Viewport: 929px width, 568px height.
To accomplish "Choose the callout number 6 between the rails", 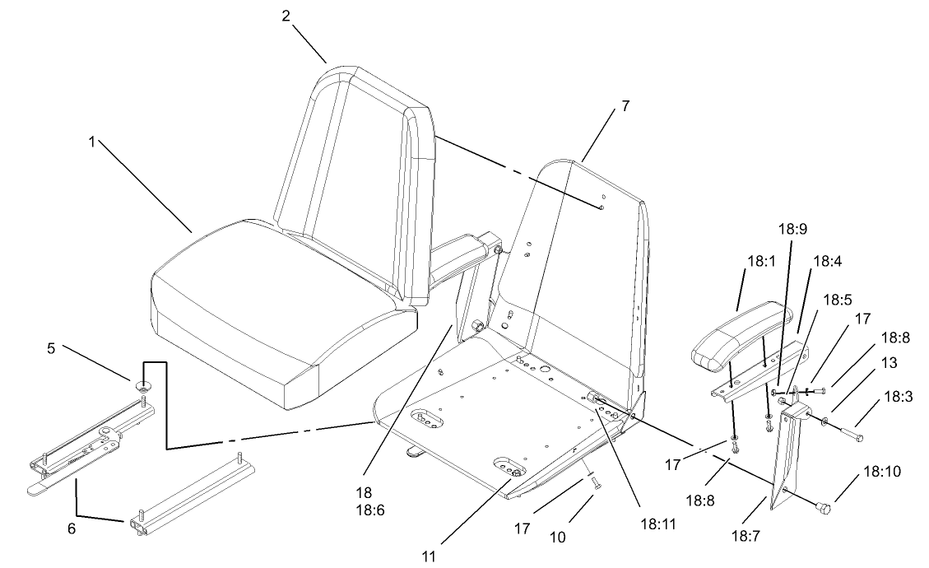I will [x=72, y=529].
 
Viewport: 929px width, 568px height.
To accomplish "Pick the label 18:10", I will [x=881, y=473].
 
